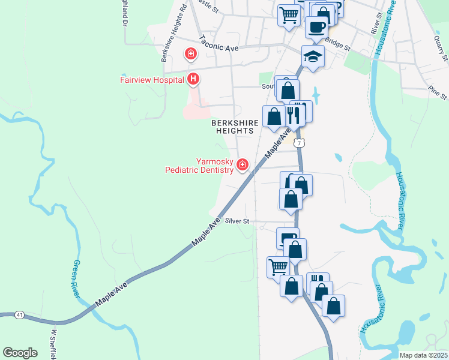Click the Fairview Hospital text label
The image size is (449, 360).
(x=152, y=79)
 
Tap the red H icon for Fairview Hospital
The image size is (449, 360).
(x=193, y=79)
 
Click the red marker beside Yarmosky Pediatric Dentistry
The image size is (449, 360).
(x=243, y=164)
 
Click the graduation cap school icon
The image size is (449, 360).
(x=313, y=57)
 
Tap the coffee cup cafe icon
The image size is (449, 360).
(x=316, y=26)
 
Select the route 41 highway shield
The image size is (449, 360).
(x=20, y=314)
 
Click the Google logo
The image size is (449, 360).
(x=20, y=353)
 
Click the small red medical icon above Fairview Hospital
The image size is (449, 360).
(x=191, y=55)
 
